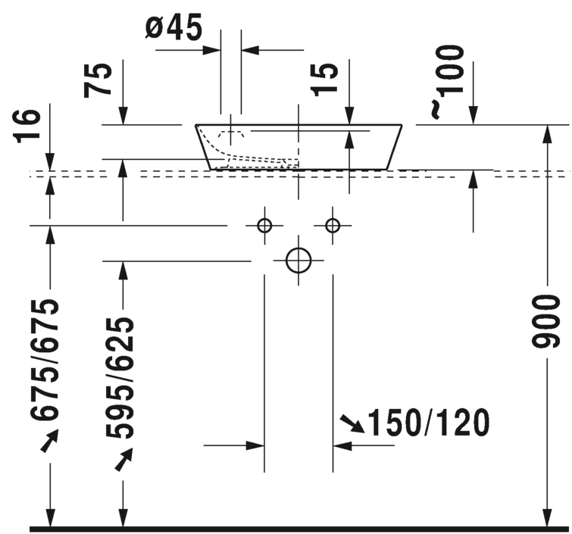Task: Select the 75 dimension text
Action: [98, 78]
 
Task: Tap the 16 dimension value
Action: [26, 126]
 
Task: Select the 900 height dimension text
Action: [546, 322]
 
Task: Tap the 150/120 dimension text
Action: [429, 423]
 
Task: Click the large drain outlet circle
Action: [299, 260]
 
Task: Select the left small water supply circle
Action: [264, 225]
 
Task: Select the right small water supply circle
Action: [333, 225]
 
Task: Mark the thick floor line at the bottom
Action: [300, 528]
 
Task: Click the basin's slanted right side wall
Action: [395, 146]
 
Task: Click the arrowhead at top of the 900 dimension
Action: [546, 133]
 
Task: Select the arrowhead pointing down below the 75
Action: [123, 117]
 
